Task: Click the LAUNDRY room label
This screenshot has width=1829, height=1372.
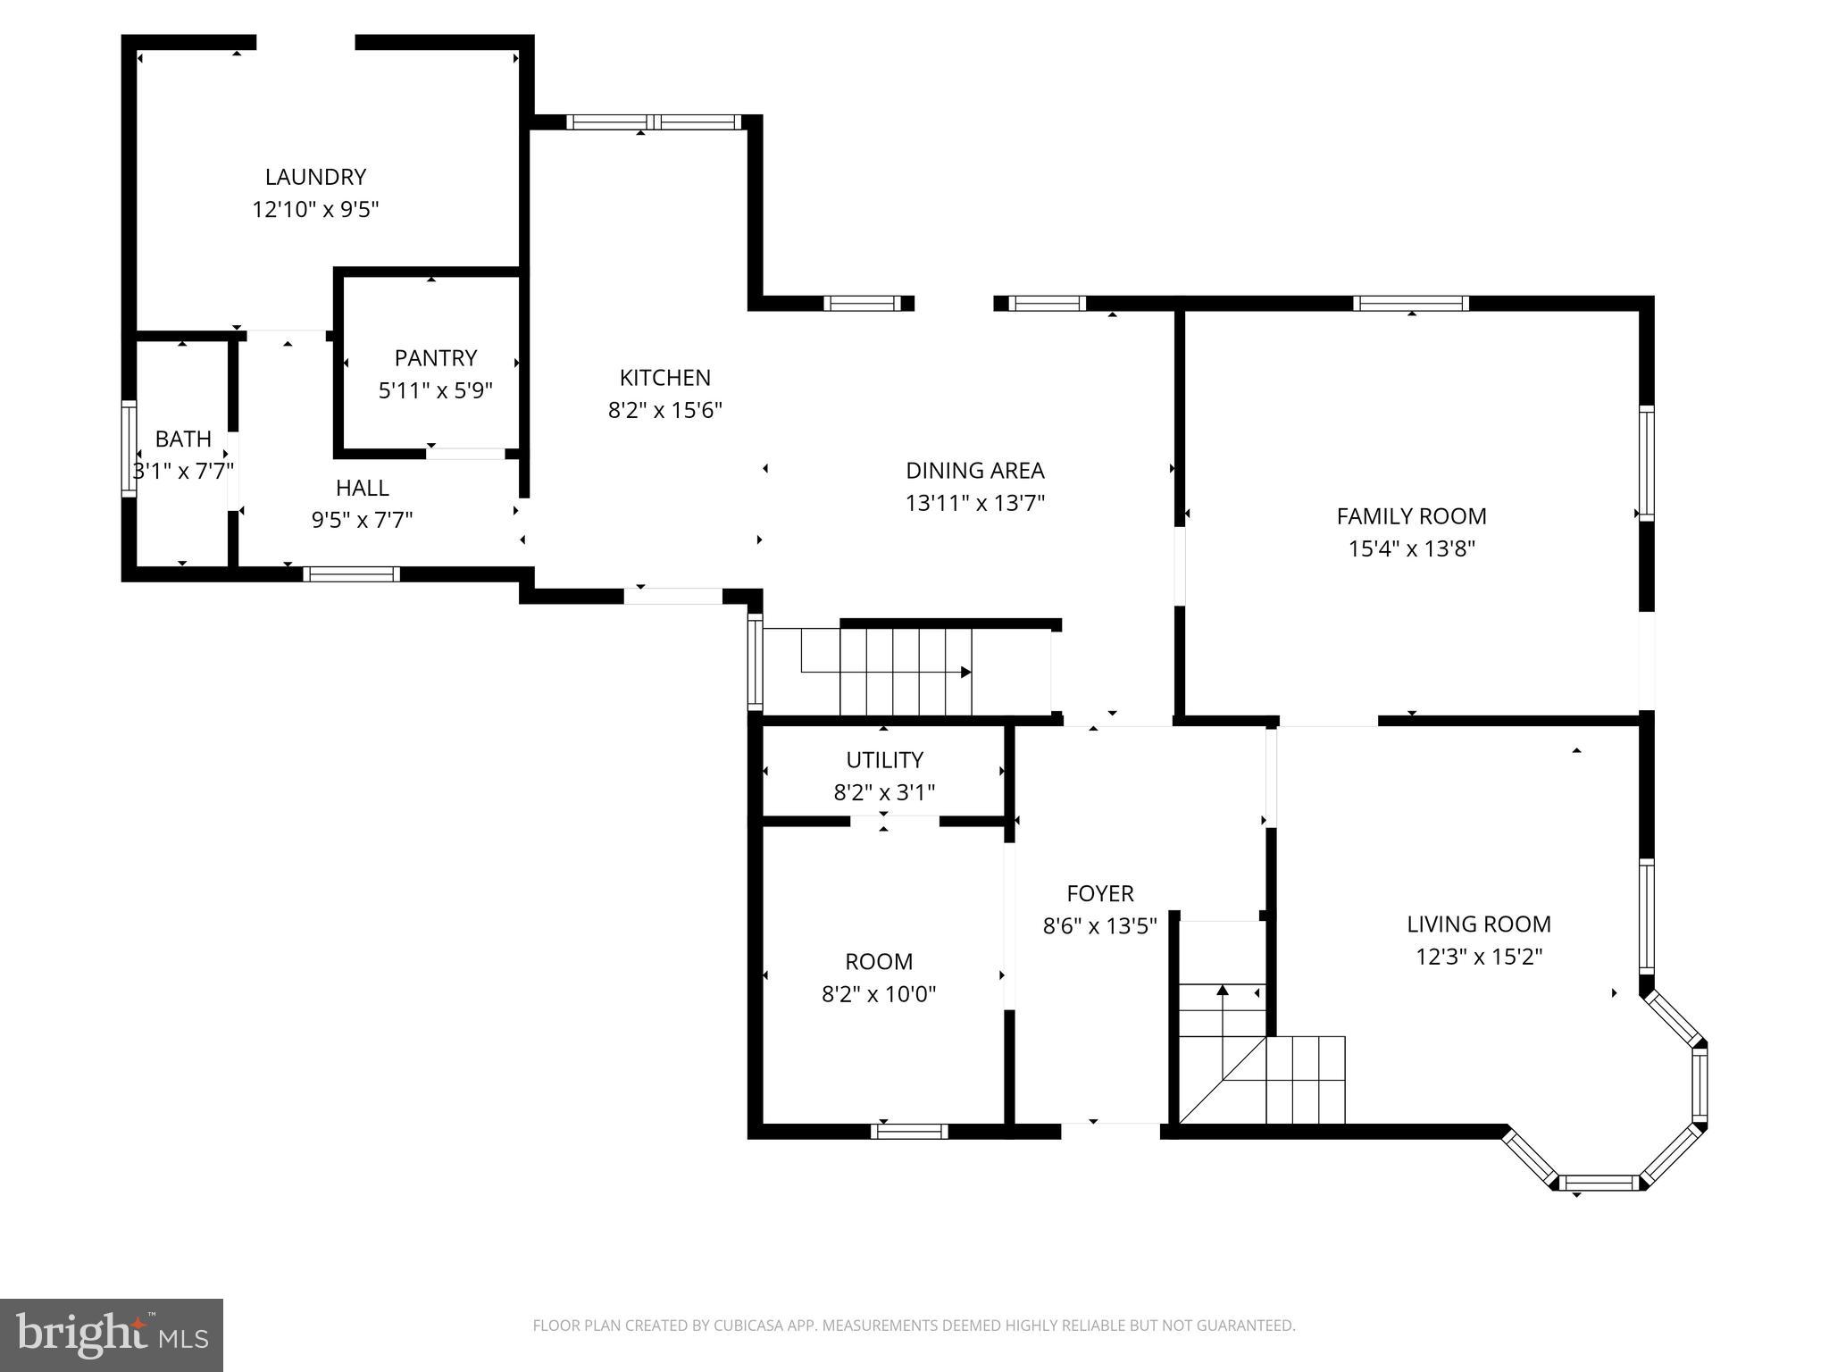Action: tap(315, 177)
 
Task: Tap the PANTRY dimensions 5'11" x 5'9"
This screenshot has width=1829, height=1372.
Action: tap(436, 390)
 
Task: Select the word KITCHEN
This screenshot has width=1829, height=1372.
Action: tap(665, 378)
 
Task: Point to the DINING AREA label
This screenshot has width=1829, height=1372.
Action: tap(975, 470)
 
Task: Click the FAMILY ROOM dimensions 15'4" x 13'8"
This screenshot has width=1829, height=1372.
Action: tap(1412, 548)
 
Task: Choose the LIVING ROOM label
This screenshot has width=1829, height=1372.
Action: tap(1479, 924)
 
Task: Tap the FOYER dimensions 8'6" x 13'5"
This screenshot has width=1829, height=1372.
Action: tap(1100, 925)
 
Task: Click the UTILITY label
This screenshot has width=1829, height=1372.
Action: tap(884, 759)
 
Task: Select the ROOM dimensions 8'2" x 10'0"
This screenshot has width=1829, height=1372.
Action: tap(879, 993)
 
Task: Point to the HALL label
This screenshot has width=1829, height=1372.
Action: tap(363, 488)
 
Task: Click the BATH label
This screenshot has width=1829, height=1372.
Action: tap(183, 439)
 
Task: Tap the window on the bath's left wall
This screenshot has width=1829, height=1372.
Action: tap(129, 449)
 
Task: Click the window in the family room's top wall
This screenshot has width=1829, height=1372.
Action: tap(1411, 303)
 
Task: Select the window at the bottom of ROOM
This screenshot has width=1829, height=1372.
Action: tap(909, 1131)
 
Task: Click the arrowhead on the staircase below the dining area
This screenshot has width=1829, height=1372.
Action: tap(965, 672)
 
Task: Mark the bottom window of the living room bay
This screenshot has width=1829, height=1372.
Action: tap(1599, 1183)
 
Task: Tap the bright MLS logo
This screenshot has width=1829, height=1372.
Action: tap(112, 1335)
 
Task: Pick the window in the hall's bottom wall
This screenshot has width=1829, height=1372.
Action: tap(351, 573)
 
